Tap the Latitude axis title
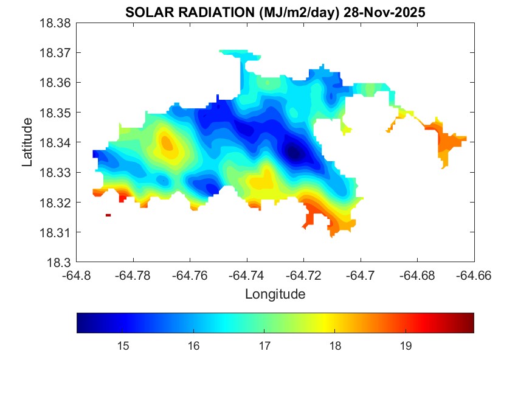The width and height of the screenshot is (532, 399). coord(27,142)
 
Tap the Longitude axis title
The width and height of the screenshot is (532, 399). coord(275,294)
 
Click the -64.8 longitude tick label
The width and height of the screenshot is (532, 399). coord(77,275)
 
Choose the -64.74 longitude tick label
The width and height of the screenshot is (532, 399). coord(247,275)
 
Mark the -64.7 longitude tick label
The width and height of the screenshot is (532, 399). coord(361,275)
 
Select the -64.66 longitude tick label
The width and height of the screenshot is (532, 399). coord(474,275)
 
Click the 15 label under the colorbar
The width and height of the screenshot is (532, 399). coord(123,346)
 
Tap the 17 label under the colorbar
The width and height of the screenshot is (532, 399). coord(264,346)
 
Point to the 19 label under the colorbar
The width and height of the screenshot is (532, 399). coord(406,346)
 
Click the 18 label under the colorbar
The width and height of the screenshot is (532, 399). coord(335,346)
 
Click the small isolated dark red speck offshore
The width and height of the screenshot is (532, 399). coord(108,215)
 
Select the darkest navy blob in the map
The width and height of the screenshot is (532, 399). coord(295,153)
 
